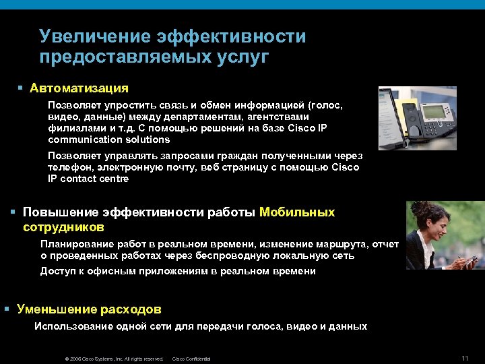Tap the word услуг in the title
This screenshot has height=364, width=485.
tap(243, 57)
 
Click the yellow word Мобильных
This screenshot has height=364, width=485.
tap(297, 212)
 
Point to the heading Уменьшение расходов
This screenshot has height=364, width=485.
tap(89, 309)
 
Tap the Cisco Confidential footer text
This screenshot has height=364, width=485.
tap(191, 359)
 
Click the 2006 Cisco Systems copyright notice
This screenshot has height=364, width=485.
tap(114, 359)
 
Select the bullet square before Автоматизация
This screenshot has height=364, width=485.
tap(21, 88)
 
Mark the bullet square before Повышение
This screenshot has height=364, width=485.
tap(13, 212)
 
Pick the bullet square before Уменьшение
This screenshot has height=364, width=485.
tap(6, 309)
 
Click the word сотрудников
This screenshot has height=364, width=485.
tap(63, 227)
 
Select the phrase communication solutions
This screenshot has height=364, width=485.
tap(109, 140)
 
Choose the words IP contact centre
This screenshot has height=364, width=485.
tap(88, 179)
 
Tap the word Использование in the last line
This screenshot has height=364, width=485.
tap(69, 326)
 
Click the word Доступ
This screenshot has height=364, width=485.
tap(55, 271)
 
